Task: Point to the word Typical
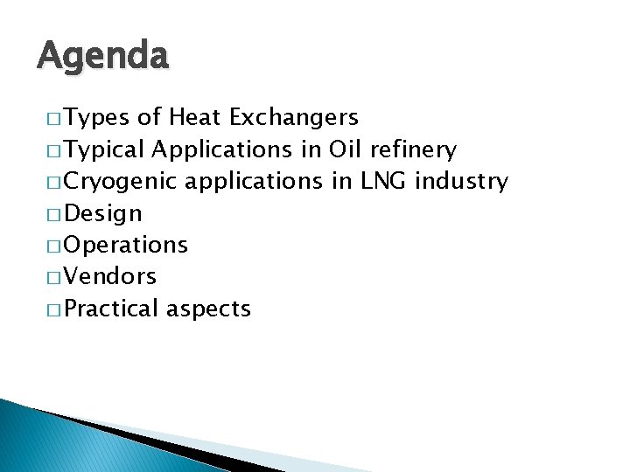105,150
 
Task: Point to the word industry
462,182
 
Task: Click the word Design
103,213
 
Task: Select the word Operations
126,245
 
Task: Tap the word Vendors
110,276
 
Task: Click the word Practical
111,308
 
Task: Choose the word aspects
208,309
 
